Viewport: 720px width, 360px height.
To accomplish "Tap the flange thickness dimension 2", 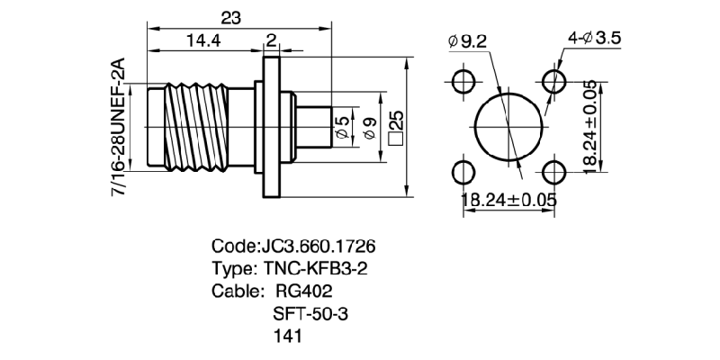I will pyautogui.click(x=271, y=40).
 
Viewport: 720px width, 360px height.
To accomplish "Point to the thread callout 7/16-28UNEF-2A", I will pyautogui.click(x=117, y=130).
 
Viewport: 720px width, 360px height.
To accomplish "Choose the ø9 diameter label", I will pyautogui.click(x=366, y=129).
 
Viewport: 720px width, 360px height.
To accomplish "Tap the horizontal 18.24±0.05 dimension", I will pyautogui.click(x=508, y=201).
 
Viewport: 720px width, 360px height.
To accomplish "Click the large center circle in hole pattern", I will pyautogui.click(x=509, y=125).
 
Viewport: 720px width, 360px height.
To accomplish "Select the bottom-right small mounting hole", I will pyautogui.click(x=555, y=171).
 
